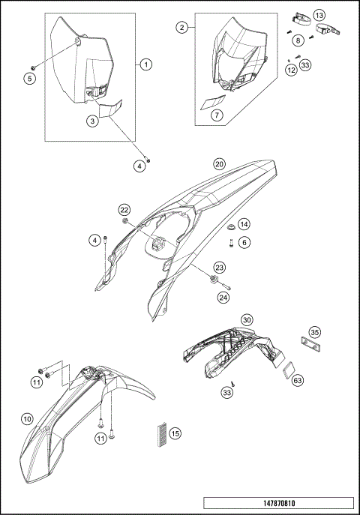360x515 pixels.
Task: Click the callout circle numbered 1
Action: (x=145, y=64)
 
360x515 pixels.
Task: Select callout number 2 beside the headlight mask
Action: (x=182, y=28)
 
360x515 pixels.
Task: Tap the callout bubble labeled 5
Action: (x=30, y=79)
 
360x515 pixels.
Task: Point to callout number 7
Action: (x=217, y=115)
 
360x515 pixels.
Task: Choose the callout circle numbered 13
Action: (x=319, y=15)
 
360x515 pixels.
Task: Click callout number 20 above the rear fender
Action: (x=220, y=164)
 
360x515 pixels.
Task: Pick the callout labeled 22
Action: (x=124, y=210)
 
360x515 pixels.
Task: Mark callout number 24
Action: (x=223, y=298)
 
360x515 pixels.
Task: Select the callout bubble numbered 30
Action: (x=247, y=319)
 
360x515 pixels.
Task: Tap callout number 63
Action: (x=298, y=381)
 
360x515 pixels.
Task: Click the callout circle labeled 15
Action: (x=175, y=433)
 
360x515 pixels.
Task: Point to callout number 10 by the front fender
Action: (x=27, y=419)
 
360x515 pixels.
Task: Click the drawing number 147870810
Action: (x=279, y=503)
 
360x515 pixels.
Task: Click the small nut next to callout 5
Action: (x=33, y=67)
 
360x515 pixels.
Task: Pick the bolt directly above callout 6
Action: (x=231, y=244)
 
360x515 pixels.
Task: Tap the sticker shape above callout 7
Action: (x=213, y=102)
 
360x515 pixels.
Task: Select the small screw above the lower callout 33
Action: (x=232, y=383)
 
